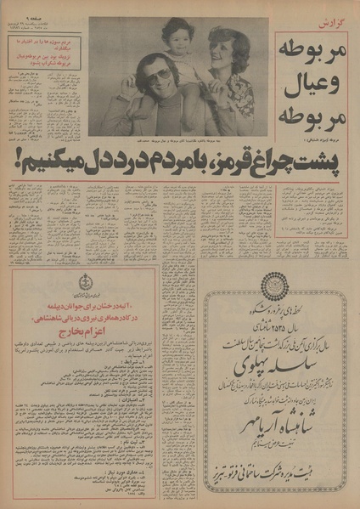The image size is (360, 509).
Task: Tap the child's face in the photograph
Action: pyautogui.click(x=180, y=38)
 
